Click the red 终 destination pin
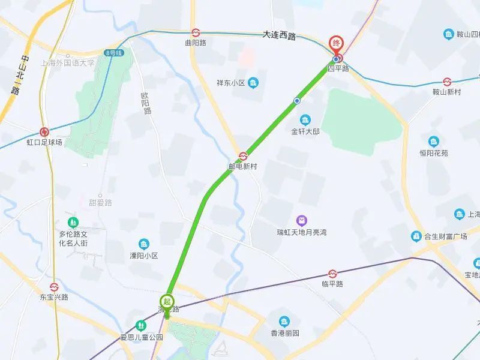[337, 44]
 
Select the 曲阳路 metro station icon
[196, 32]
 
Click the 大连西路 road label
[280, 35]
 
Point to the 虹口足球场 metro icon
[44, 132]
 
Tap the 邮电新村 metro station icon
[243, 156]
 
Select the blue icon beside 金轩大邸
[305, 119]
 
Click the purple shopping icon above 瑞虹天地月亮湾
[302, 221]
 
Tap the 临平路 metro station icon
[332, 274]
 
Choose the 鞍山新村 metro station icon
[447, 82]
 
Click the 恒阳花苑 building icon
[433, 142]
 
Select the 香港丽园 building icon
[284, 322]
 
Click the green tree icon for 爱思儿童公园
[141, 325]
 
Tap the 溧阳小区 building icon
[144, 244]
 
